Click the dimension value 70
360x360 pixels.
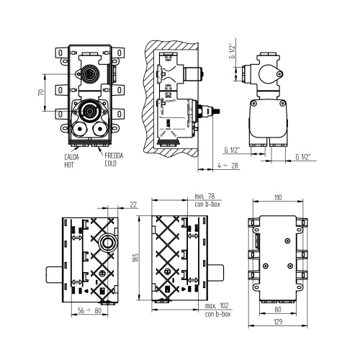pyautogui.click(x=42, y=92)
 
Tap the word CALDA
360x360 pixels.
pyautogui.click(x=71, y=157)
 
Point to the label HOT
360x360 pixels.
pyautogui.click(x=68, y=164)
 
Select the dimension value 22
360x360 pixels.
pyautogui.click(x=134, y=204)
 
